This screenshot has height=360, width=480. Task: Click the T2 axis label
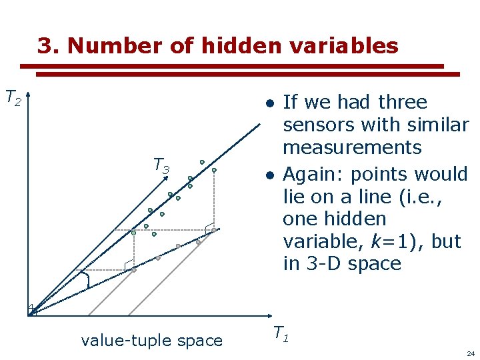[13, 98]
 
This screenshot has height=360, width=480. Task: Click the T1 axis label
[281, 333]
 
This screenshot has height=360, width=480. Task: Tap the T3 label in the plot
[161, 165]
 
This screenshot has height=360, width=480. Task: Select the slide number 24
[471, 353]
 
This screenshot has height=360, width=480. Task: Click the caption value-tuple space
[151, 341]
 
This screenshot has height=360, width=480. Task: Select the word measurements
[352, 147]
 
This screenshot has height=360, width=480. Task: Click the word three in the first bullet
[402, 102]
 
